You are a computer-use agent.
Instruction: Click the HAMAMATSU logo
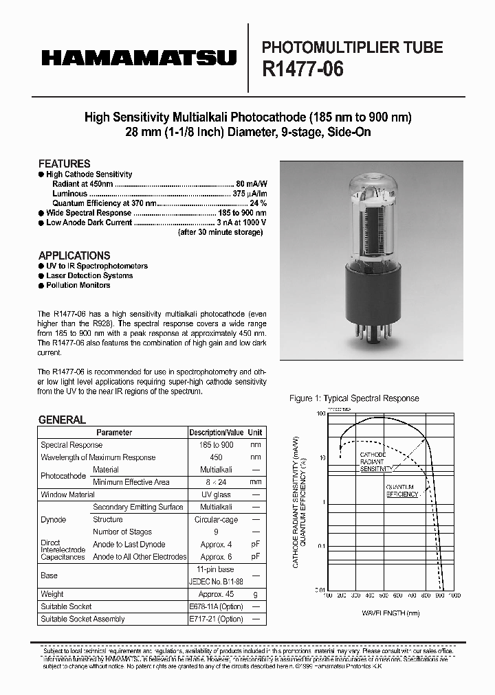click(x=139, y=58)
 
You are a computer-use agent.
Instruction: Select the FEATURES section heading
click(x=64, y=163)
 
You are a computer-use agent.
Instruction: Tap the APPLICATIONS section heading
click(x=74, y=255)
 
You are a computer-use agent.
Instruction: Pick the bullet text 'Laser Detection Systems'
click(x=89, y=275)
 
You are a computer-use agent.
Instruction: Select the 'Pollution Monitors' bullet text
click(x=78, y=285)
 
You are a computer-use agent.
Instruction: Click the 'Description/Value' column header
click(x=216, y=433)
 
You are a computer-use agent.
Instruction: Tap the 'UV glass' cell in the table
click(x=216, y=494)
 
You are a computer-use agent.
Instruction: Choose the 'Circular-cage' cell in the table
click(x=216, y=519)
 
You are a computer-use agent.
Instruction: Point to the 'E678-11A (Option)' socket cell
click(x=216, y=606)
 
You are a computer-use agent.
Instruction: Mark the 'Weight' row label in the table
click(x=52, y=594)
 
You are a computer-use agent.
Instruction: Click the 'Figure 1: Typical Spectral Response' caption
click(x=354, y=398)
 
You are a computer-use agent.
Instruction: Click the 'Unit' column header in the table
click(x=255, y=433)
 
